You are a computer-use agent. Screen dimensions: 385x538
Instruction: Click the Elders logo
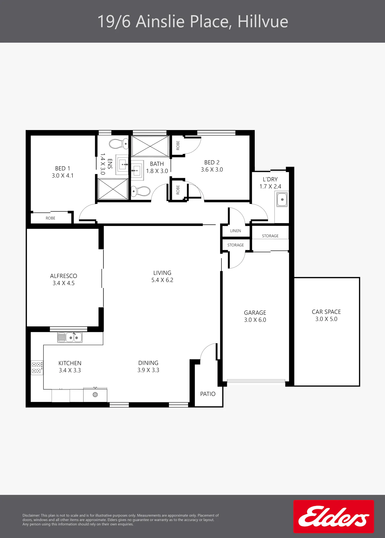point(334,516)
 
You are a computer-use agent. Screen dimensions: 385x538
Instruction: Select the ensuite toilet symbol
point(119,144)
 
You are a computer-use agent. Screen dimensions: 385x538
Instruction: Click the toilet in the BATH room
point(141,191)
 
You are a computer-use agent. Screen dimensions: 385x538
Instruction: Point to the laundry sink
point(282,199)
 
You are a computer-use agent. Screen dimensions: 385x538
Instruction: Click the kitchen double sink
point(70,337)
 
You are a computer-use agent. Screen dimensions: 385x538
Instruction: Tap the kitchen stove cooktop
point(37,368)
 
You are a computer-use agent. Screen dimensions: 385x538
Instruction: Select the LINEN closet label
point(236,231)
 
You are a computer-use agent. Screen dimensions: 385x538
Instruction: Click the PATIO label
point(208,394)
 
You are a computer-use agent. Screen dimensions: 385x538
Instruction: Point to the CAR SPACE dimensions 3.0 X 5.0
point(326,319)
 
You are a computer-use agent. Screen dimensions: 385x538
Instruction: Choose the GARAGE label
point(255,313)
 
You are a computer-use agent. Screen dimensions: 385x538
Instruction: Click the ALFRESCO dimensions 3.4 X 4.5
point(64,283)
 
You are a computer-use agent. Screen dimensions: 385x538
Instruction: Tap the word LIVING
point(162,273)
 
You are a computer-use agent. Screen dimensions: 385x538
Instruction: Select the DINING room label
point(148,363)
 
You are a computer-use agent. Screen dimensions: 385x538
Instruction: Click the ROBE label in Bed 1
point(51,218)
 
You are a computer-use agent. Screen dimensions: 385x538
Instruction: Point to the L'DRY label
point(270,179)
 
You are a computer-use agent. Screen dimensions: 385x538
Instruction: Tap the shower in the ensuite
point(113,189)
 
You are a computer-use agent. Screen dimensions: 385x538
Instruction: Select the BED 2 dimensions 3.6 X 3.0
point(212,170)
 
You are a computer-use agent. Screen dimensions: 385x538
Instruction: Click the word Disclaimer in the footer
point(31,515)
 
